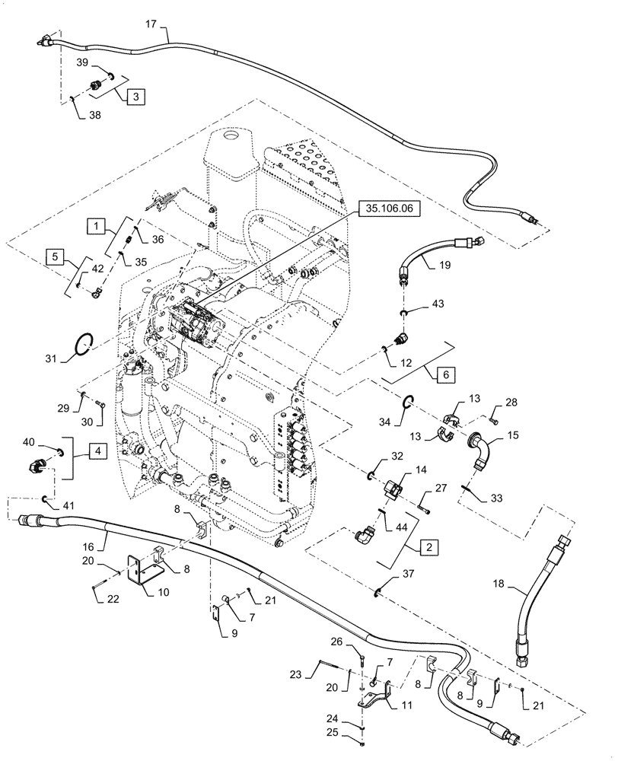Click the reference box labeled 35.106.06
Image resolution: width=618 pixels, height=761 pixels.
point(386,207)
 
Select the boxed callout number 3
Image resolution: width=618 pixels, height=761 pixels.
point(134,97)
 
